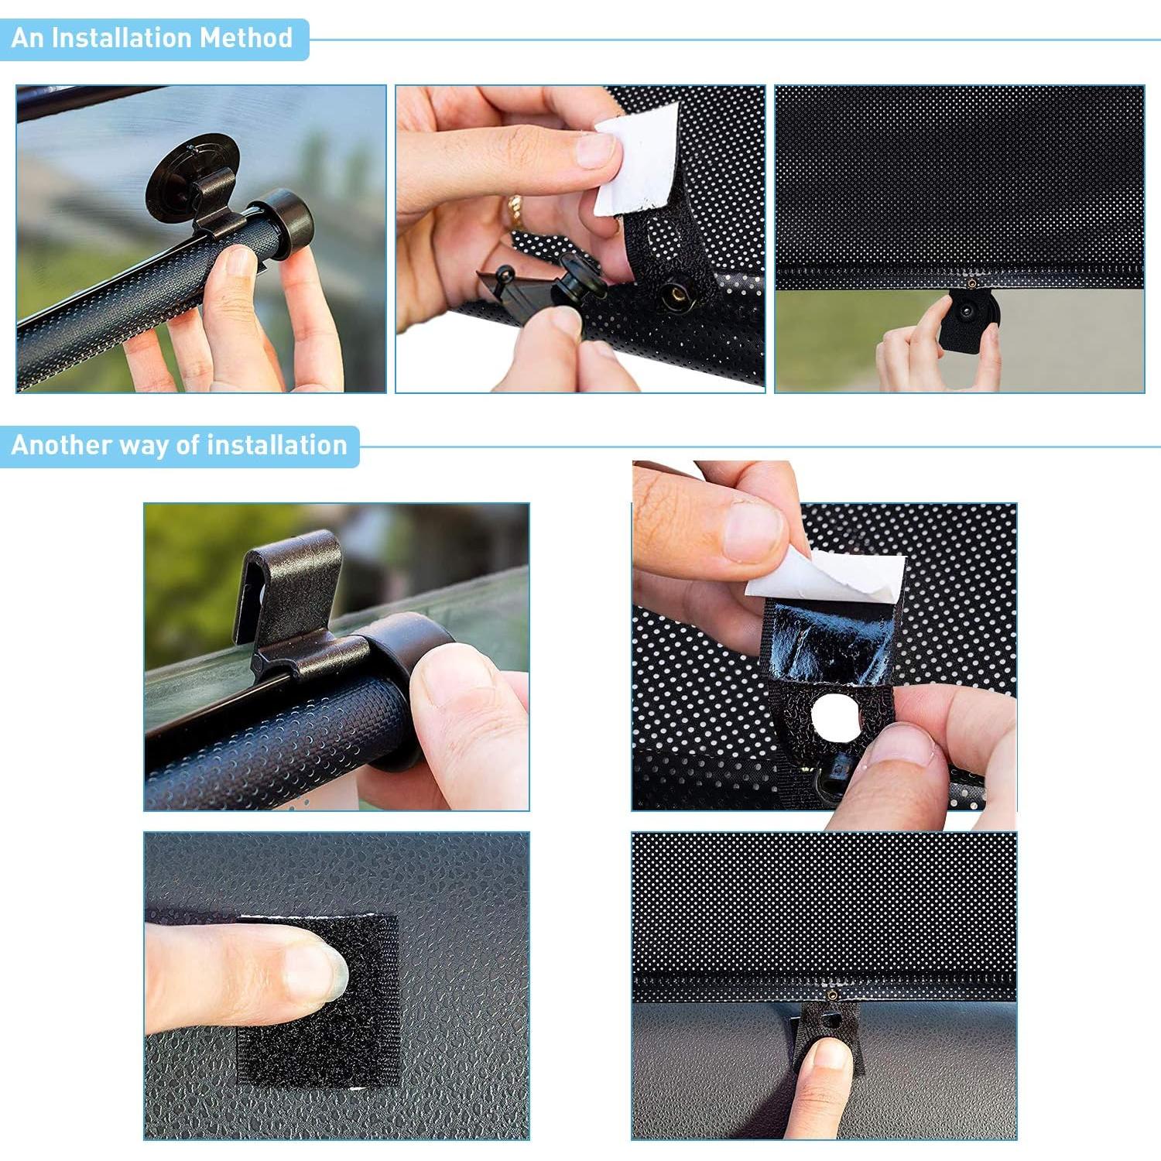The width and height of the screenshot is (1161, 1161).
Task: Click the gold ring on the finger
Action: click(515, 211)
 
